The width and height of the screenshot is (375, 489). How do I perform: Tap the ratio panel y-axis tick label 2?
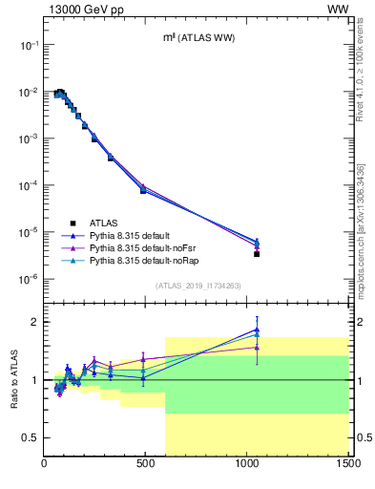coord(35,322)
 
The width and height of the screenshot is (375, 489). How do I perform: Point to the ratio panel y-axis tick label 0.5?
coord(31,437)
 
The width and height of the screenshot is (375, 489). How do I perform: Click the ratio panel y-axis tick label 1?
coord(35,380)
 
